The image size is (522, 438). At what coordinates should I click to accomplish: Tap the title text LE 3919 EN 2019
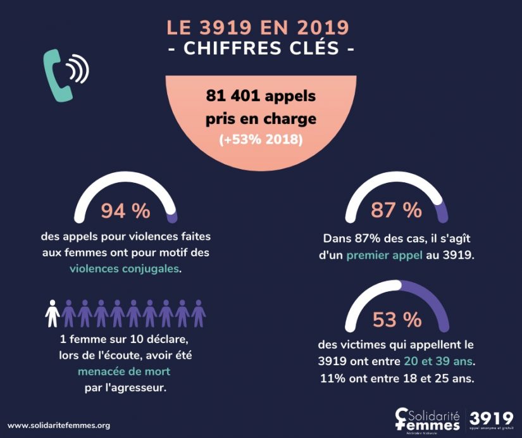click(258, 28)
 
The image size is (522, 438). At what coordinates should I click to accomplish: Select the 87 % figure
click(396, 210)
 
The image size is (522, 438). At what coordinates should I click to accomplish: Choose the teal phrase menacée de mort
click(125, 371)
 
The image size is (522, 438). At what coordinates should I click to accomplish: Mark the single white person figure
click(53, 313)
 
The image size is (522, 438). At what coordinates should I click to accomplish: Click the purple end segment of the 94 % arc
click(171, 216)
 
